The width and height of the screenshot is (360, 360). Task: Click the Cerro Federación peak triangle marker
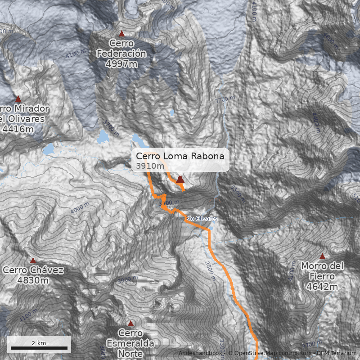121,34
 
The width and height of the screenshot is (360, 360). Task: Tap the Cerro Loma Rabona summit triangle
180,180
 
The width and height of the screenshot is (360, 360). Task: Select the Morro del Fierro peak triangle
322,256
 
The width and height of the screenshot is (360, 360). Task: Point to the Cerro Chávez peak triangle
33,261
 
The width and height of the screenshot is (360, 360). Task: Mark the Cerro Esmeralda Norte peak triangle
130,324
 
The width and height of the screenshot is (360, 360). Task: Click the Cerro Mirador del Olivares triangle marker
18,99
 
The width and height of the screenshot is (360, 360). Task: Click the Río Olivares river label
202,219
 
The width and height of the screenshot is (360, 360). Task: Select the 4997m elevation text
121,64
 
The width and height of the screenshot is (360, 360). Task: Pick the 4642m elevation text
322,286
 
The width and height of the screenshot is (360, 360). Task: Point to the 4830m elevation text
33,281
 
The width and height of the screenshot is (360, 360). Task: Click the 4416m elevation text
18,129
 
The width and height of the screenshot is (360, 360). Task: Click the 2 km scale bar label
39,343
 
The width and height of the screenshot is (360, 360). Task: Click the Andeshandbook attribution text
200,353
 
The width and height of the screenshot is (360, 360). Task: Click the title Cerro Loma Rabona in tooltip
180,156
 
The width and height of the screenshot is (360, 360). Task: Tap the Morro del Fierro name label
322,271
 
